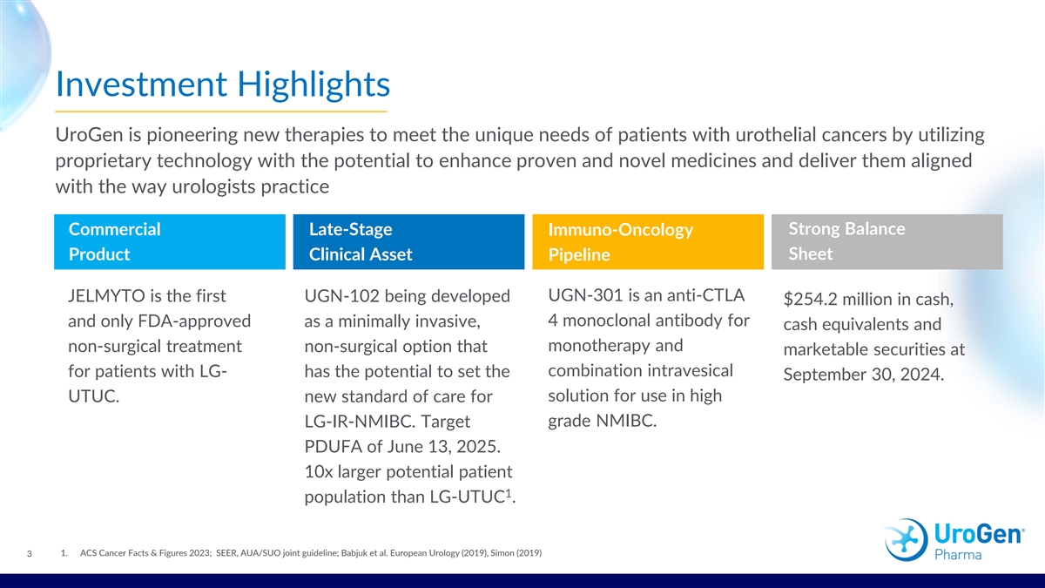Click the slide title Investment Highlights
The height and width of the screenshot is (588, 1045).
coord(223,84)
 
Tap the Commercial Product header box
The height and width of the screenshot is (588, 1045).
coord(170,242)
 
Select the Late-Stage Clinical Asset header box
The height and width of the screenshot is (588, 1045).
coord(408,242)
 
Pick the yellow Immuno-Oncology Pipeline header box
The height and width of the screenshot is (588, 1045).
coord(648,242)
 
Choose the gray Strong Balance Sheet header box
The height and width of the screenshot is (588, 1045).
coord(887,242)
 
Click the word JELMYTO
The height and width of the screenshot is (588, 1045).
coord(106,296)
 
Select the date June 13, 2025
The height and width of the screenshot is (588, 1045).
coord(444,447)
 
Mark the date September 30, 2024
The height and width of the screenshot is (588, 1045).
coord(864,375)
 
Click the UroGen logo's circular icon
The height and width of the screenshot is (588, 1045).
coord(906,540)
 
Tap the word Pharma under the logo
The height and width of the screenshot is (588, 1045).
coord(958,555)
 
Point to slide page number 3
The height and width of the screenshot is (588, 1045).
coord(30,554)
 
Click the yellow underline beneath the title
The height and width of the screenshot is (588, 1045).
coord(221,112)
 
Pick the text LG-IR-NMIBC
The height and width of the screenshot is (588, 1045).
coord(359,422)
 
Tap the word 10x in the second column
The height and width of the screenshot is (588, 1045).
coord(319,472)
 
